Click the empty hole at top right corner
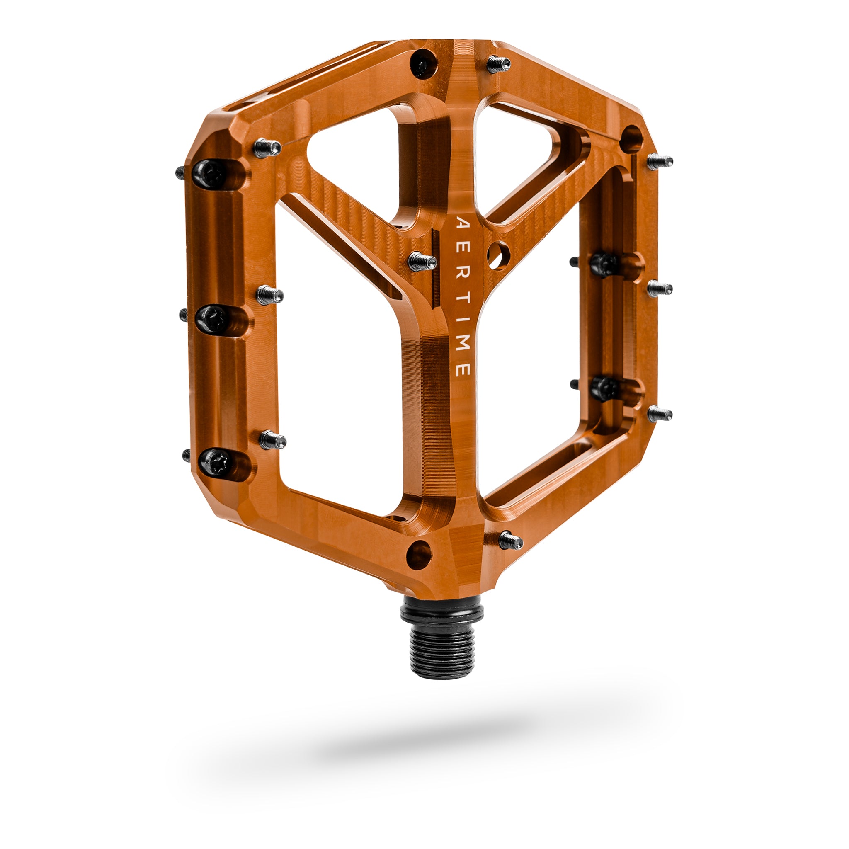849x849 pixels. click(x=631, y=138)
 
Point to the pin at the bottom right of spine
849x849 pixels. click(x=510, y=540)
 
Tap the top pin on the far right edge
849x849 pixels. click(x=660, y=161)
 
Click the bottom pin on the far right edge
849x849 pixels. click(x=660, y=413)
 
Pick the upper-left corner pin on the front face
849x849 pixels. click(x=268, y=148)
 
